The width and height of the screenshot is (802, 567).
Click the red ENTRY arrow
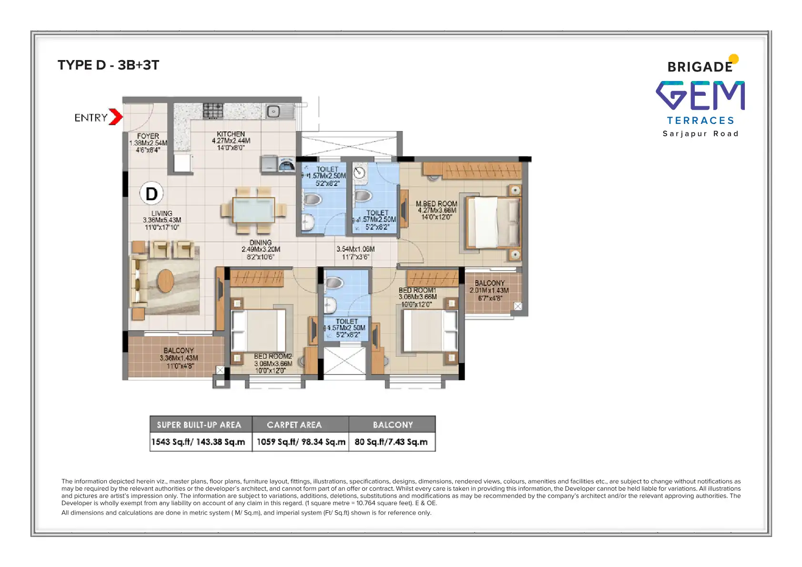click(x=115, y=117)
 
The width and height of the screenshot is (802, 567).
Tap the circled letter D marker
click(x=152, y=193)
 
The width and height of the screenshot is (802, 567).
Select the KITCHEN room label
click(x=231, y=134)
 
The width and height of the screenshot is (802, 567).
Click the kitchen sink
click(x=274, y=111)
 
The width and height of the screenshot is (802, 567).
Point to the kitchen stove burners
click(x=213, y=111)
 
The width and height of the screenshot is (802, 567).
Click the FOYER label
click(x=148, y=136)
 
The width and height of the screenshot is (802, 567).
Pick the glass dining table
click(x=254, y=210)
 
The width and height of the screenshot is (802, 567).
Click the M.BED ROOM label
click(x=437, y=204)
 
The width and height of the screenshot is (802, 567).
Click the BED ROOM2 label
click(x=273, y=356)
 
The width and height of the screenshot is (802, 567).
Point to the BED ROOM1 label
click(x=417, y=290)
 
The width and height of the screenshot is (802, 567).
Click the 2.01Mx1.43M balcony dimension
click(x=489, y=291)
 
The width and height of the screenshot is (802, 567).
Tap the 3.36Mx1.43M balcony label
click(x=179, y=358)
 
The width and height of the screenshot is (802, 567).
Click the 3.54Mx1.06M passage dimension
click(x=355, y=249)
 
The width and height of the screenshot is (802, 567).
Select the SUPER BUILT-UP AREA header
click(x=199, y=425)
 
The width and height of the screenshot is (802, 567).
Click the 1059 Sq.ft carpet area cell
click(x=301, y=442)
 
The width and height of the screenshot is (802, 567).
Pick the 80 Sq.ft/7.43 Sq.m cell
click(x=391, y=442)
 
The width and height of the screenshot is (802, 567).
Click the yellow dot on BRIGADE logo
click(x=734, y=59)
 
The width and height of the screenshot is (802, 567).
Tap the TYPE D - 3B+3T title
click(x=109, y=65)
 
